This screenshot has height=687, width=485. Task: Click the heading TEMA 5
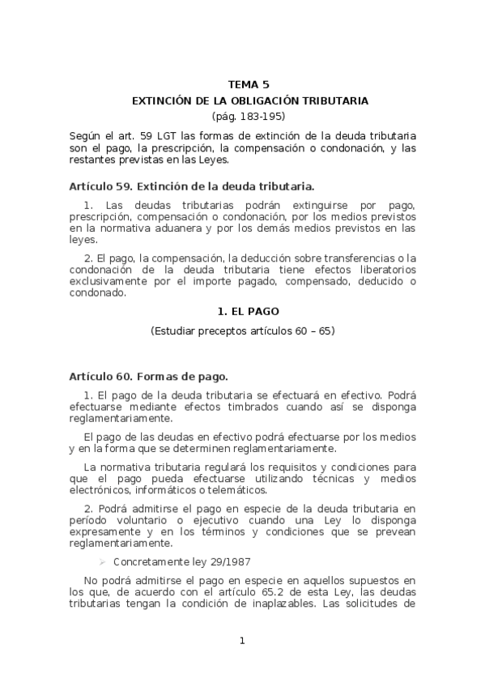pyautogui.click(x=249, y=84)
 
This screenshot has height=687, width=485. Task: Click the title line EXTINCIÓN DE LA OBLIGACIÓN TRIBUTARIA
pyautogui.click(x=250, y=100)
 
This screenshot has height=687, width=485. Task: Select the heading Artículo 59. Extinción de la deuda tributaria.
pyautogui.click(x=191, y=186)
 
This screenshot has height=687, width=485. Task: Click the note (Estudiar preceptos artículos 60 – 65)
pyautogui.click(x=243, y=331)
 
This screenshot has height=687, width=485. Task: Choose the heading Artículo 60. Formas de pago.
pyautogui.click(x=149, y=376)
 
